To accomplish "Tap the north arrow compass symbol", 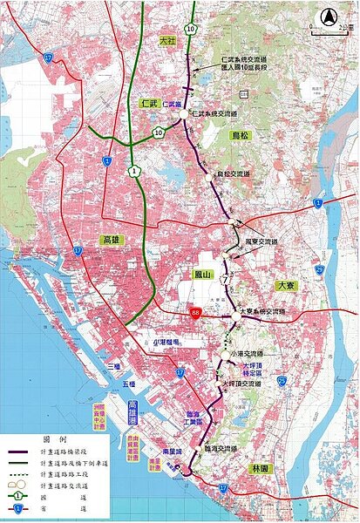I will [x=329, y=17].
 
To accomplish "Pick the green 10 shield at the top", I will [x=190, y=28].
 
